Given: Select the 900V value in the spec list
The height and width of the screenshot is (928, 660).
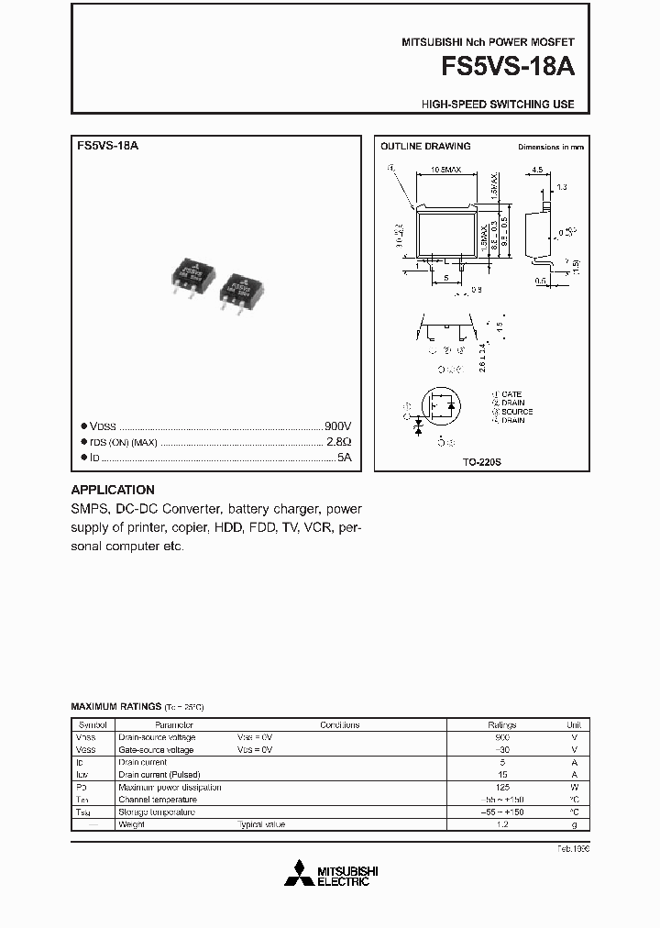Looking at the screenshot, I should (337, 426).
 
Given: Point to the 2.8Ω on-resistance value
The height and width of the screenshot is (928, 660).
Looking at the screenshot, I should (339, 441).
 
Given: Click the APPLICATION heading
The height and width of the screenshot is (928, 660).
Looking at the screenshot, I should (113, 490).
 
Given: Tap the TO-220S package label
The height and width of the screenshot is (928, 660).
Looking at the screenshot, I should (482, 463).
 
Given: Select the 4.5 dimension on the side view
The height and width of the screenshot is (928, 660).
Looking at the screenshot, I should (537, 170).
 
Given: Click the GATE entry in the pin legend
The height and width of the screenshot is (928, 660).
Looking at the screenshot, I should (511, 394).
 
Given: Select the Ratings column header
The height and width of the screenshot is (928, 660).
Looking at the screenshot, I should (502, 724).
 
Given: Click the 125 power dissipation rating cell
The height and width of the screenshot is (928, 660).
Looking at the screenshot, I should (502, 787).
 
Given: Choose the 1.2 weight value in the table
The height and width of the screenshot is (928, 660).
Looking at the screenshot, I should (502, 824).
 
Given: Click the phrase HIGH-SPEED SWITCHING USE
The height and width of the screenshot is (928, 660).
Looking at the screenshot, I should (498, 105).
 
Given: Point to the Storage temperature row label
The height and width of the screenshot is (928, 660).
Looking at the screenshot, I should (157, 812).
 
